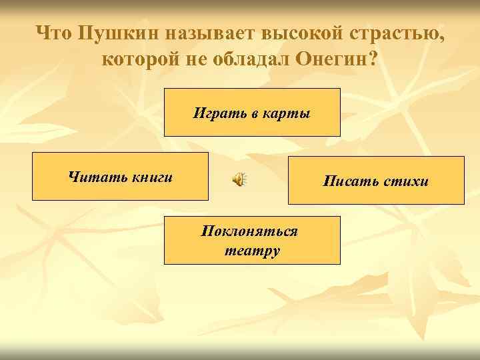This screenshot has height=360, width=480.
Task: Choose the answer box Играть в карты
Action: pyautogui.click(x=252, y=112)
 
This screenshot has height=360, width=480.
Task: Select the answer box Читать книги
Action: pyautogui.click(x=120, y=176)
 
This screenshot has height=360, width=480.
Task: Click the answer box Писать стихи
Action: pyautogui.click(x=376, y=180)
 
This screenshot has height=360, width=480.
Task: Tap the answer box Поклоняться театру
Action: pyautogui.click(x=252, y=240)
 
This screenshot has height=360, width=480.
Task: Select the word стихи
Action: pyautogui.click(x=406, y=181)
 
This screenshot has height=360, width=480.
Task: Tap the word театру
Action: pyautogui.click(x=252, y=251)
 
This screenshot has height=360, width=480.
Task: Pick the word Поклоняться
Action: pyautogui.click(x=249, y=231)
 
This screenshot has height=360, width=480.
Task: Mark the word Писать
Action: pyautogui.click(x=349, y=181)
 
